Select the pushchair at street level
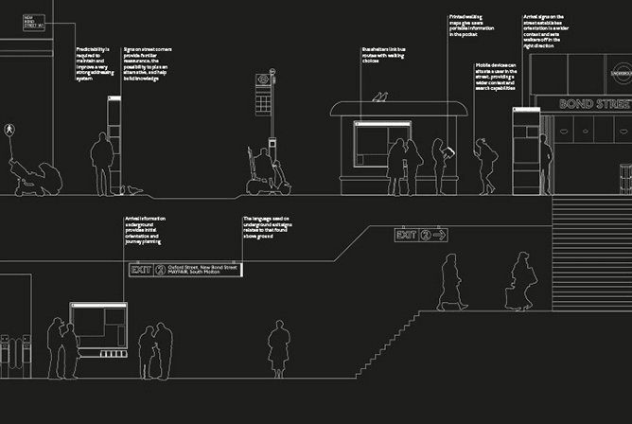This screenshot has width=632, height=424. pos(35,177)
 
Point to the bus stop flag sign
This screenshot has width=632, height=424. pos(262,82)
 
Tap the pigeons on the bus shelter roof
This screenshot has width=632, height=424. pos(381,97)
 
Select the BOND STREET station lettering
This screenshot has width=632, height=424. pos(594,103)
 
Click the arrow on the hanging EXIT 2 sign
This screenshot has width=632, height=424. pos(439,235)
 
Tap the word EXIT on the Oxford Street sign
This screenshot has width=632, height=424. pos(141,270)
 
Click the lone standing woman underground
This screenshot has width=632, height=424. pos(278,348)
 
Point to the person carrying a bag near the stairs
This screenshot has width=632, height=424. pos(519,282)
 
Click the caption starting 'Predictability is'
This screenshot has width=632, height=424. pos(94,62)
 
